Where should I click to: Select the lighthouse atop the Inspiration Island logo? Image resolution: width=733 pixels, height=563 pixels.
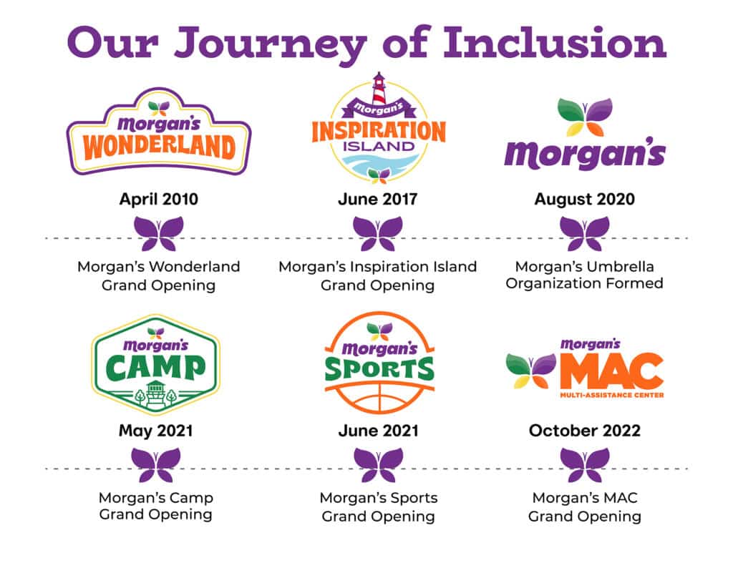coord(379,89)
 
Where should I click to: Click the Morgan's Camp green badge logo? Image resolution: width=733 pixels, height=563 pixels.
coord(156,364)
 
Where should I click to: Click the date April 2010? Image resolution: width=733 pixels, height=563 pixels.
coord(158,199)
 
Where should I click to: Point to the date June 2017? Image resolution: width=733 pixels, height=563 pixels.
coord(378,199)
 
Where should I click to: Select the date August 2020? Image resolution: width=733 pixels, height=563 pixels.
coord(584,199)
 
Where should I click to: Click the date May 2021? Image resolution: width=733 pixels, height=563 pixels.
coord(155,431)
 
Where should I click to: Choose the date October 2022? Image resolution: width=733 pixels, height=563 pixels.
coord(584,431)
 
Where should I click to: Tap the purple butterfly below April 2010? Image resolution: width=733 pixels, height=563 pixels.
coord(159,233)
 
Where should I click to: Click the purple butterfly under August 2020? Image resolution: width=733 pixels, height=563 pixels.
coord(584,233)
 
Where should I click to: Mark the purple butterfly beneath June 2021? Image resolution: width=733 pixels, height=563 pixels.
coord(378,464)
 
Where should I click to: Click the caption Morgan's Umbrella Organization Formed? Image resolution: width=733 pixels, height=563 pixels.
coord(584,275)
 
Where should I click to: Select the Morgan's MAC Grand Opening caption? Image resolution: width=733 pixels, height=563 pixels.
coord(584,506)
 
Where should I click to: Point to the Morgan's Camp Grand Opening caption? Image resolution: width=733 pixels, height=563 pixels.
coord(155,506)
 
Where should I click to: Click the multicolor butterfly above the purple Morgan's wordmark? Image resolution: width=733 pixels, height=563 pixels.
coord(584,117)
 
